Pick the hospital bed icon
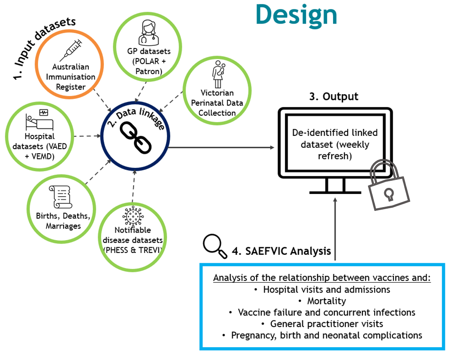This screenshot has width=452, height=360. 39,120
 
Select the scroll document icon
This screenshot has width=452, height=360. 62,197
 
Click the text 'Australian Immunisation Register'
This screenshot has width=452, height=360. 71,77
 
